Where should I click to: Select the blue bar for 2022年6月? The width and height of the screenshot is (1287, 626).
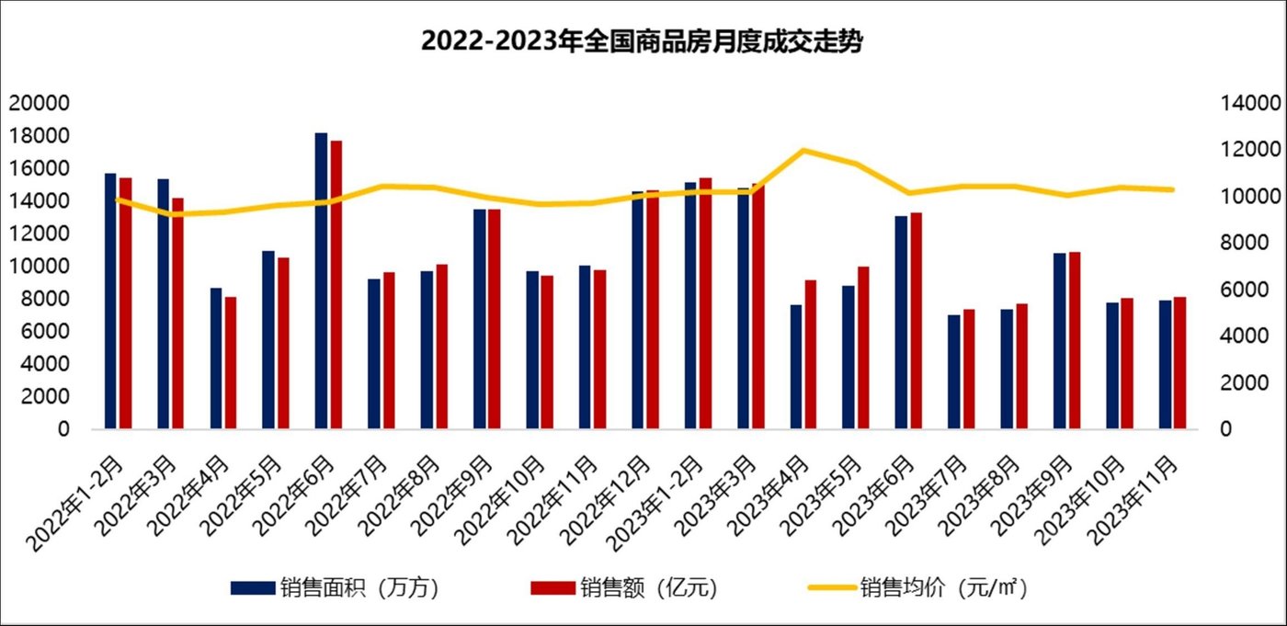point(321,280)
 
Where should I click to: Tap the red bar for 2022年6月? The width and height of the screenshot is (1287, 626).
point(336,285)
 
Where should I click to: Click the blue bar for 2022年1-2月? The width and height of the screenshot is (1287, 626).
point(110,301)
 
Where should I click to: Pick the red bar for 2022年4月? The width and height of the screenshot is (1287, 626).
point(231,363)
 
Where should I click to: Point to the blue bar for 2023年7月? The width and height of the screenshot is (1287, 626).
point(953,372)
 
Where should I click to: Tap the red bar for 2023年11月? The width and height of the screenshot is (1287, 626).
point(1179,363)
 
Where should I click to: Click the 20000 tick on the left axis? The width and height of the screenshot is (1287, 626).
point(38,103)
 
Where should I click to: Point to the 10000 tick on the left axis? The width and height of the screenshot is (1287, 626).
point(38,267)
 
